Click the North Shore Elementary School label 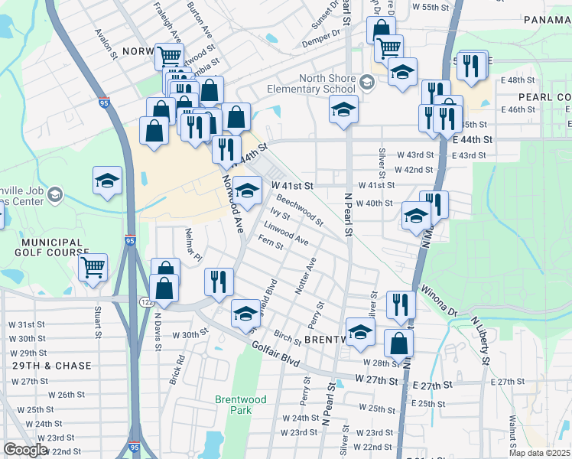click(x=311, y=83)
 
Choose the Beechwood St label click(x=299, y=209)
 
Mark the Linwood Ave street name click(x=285, y=234)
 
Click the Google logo click(x=25, y=450)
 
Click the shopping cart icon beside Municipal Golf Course click(x=93, y=268)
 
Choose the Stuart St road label click(x=99, y=322)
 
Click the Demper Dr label click(x=324, y=34)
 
